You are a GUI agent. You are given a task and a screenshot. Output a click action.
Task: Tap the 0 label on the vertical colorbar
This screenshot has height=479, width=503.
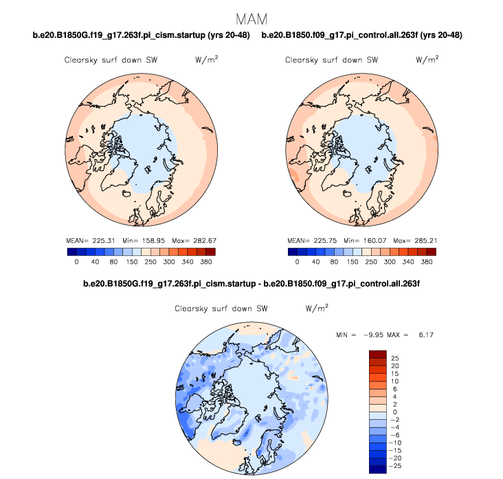394,412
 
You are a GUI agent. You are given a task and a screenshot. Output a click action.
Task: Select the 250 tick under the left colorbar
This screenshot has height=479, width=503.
150,262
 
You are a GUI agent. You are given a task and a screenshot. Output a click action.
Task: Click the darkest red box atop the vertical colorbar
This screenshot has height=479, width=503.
378,354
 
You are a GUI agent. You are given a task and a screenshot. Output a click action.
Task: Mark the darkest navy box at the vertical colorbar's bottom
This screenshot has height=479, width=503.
378,470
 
